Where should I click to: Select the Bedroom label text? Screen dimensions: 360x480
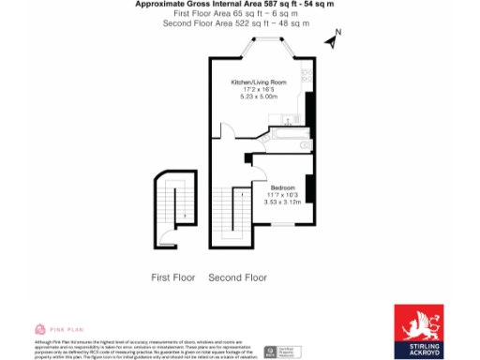pyautogui.click(x=283, y=187)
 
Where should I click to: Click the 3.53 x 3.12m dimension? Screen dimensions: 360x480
pyautogui.click(x=283, y=202)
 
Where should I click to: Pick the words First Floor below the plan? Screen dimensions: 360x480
pyautogui.click(x=173, y=278)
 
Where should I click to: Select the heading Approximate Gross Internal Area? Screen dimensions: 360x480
pyautogui.click(x=233, y=5)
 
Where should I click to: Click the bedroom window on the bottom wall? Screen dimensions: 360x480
pyautogui.click(x=282, y=226)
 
